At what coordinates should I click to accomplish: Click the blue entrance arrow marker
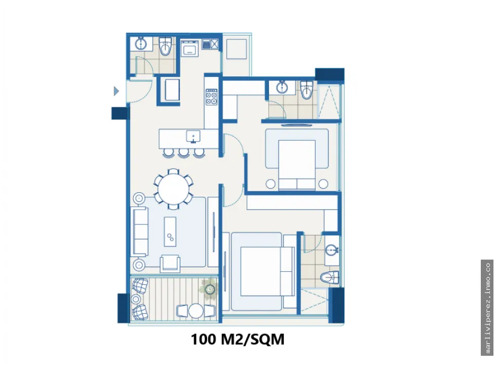[117, 91]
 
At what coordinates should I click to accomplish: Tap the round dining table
[173, 189]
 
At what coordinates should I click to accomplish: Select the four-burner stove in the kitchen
[211, 97]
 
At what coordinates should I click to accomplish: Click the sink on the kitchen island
[193, 137]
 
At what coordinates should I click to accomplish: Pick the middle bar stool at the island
[183, 153]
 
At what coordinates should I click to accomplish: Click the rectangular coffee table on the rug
[170, 232]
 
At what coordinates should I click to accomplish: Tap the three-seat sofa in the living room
[140, 232]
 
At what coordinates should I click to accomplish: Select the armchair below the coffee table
[170, 264]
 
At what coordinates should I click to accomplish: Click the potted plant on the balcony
[209, 289]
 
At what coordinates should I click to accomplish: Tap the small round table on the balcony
[196, 311]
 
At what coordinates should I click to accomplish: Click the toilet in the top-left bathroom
[165, 46]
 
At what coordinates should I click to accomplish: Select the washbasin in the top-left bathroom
[140, 44]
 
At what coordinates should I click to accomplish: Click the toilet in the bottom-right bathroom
[330, 278]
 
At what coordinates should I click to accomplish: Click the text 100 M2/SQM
[238, 340]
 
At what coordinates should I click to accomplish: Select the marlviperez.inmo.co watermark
[487, 308]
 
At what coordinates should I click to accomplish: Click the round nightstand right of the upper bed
[323, 184]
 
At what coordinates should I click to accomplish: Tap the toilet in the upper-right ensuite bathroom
[306, 90]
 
